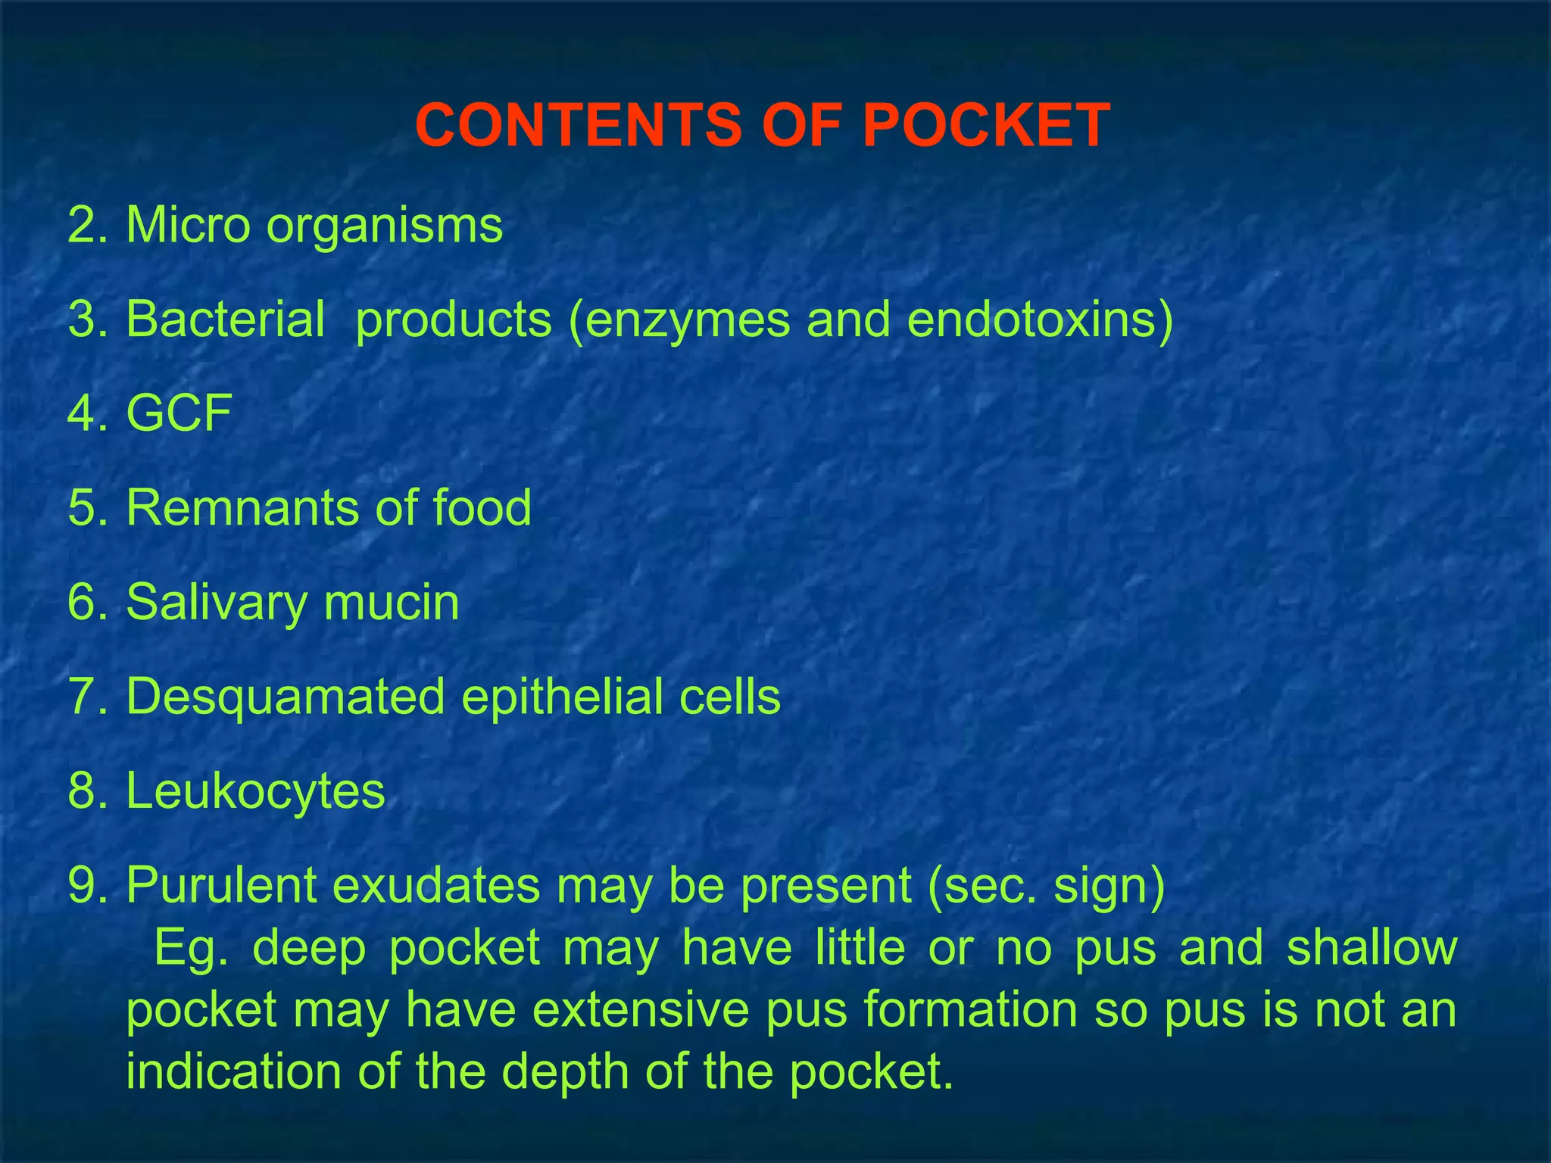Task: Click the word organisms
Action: (x=384, y=226)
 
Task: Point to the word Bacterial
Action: (x=226, y=319)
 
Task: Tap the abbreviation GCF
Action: (x=179, y=413)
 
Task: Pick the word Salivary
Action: (x=217, y=603)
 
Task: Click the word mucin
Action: (x=392, y=602)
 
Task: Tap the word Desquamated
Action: (x=286, y=697)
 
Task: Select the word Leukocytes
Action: (x=255, y=790)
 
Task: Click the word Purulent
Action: (x=221, y=884)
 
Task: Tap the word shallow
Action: (x=1372, y=947)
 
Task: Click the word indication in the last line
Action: (x=233, y=1072)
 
